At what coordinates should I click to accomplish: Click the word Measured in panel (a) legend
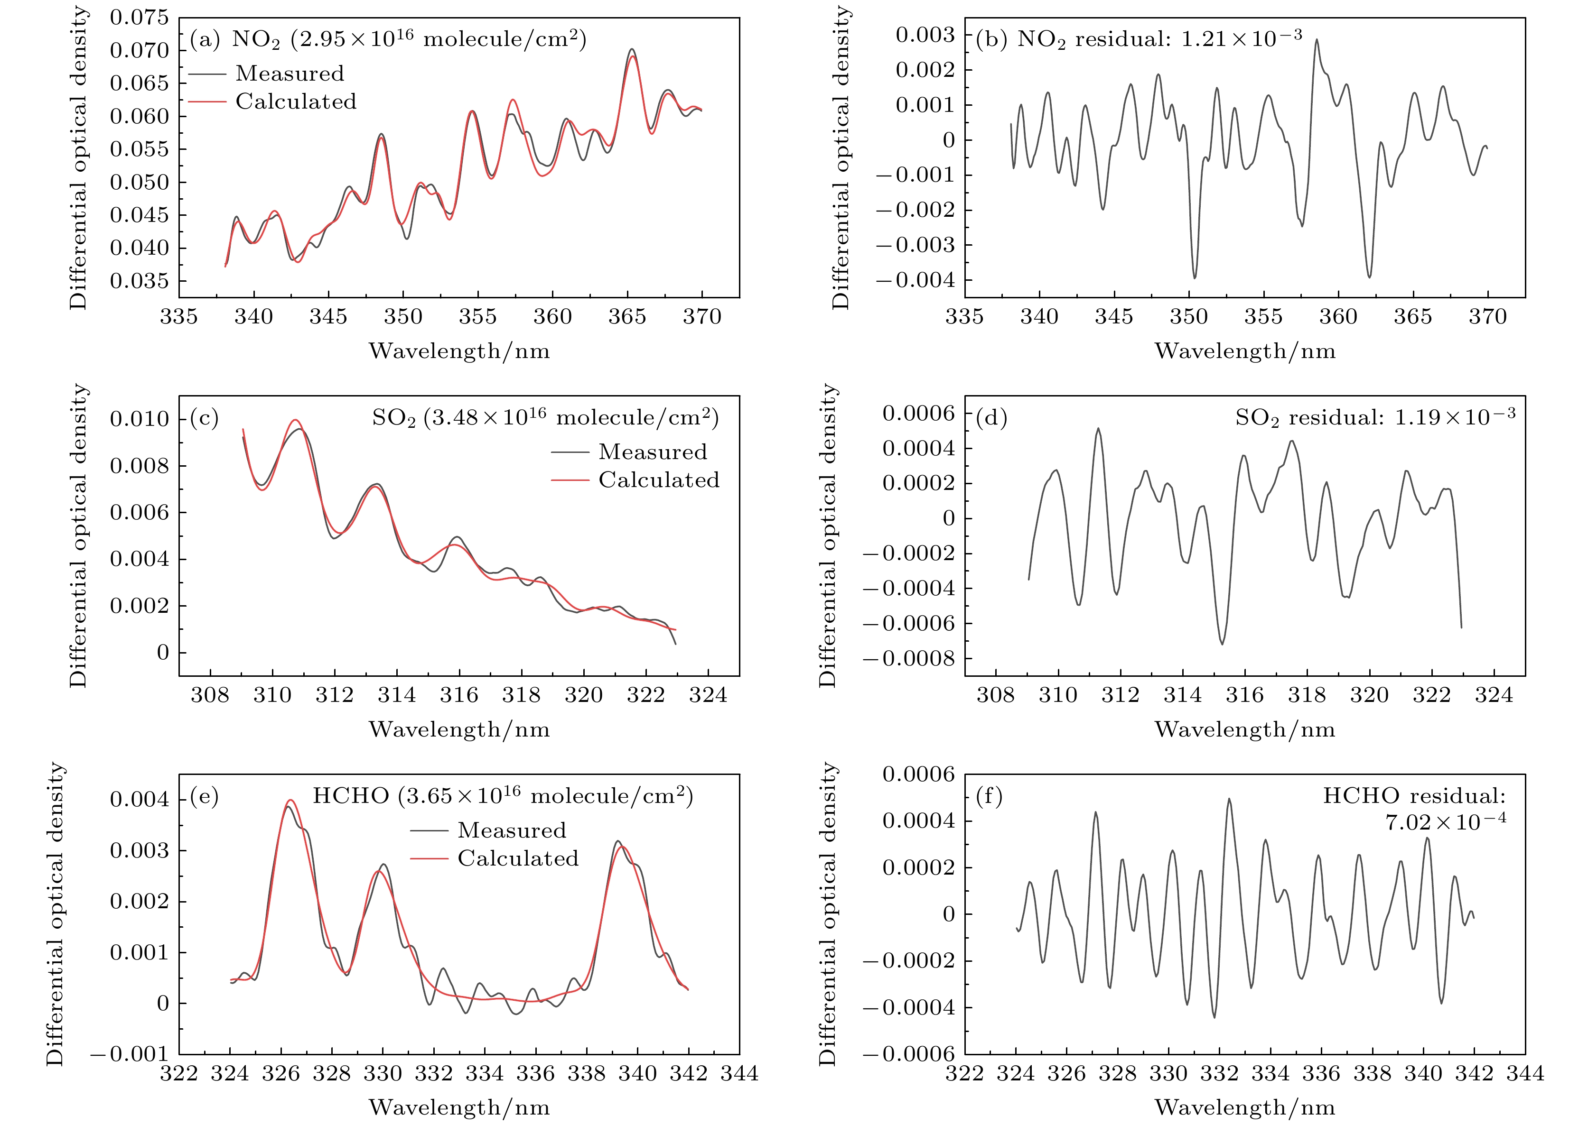pyautogui.click(x=289, y=74)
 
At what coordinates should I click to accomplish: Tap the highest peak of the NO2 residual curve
pyautogui.click(x=1316, y=40)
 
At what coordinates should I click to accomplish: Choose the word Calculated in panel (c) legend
pyautogui.click(x=658, y=480)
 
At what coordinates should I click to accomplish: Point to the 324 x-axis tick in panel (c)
pyautogui.click(x=708, y=695)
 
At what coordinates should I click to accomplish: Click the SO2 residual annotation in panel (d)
pyautogui.click(x=1375, y=417)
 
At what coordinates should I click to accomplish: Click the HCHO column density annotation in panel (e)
pyautogui.click(x=503, y=795)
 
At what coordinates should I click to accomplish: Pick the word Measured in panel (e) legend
pyautogui.click(x=512, y=830)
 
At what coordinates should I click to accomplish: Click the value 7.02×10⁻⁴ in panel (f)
pyautogui.click(x=1445, y=822)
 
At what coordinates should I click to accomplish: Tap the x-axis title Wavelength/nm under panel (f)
pyautogui.click(x=1244, y=1107)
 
